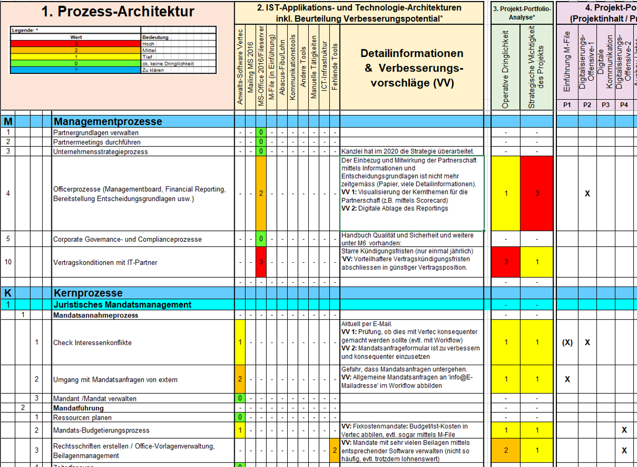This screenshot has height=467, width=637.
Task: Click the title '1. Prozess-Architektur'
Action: pos(118,12)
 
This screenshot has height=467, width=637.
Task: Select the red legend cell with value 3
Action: pos(76,44)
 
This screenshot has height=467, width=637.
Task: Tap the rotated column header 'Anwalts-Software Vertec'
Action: pos(240,67)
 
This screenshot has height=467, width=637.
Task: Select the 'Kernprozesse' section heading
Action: pos(89,293)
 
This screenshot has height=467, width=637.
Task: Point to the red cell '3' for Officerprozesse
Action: pos(537,193)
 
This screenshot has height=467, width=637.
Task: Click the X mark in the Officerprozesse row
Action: pos(588,194)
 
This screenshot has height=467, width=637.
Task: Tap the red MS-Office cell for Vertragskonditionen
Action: pos(261,262)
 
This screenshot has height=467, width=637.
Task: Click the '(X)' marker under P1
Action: pos(567,343)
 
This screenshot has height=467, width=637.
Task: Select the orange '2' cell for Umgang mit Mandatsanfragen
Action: pos(240,380)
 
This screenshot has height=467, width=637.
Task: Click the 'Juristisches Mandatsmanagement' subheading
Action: pos(123,304)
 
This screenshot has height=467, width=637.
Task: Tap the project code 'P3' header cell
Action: pos(606,104)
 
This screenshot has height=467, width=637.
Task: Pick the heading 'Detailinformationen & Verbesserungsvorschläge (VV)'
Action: pos(411,68)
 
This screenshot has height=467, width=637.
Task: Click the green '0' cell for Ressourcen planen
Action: pos(240,417)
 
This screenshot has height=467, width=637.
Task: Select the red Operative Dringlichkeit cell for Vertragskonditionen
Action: pos(506,262)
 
